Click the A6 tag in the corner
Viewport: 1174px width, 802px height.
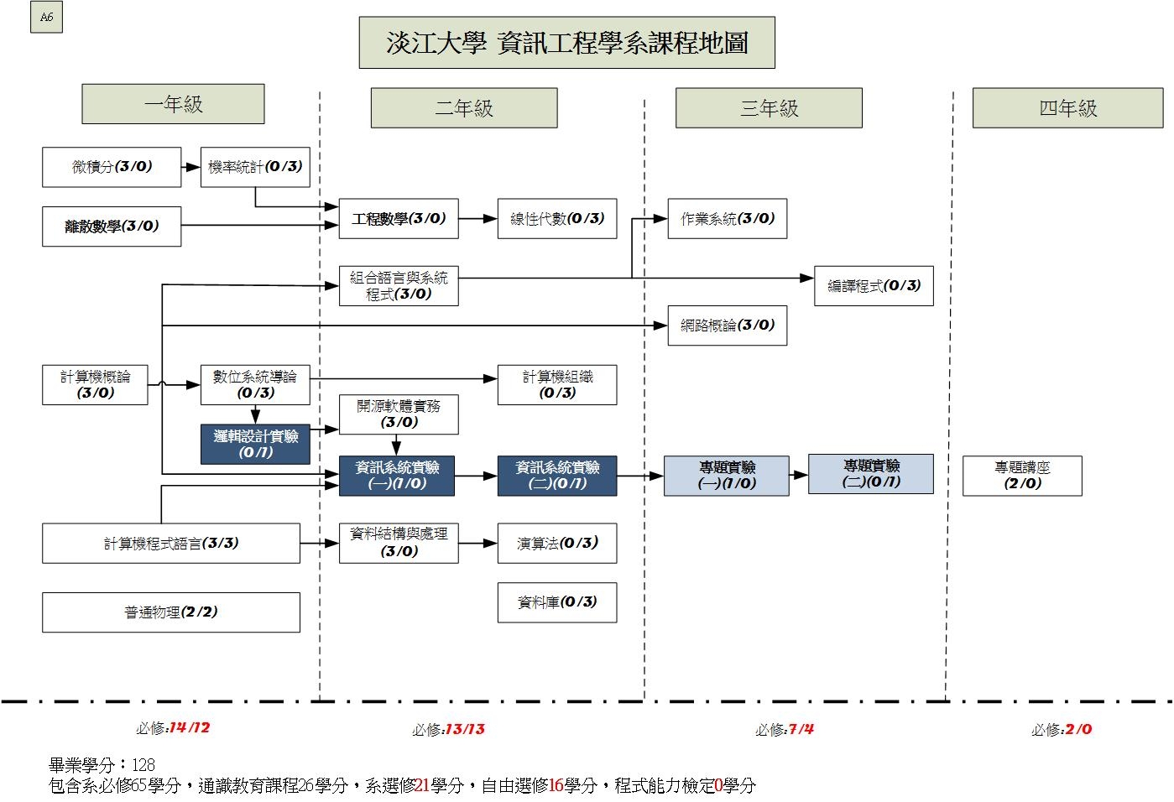tap(46, 18)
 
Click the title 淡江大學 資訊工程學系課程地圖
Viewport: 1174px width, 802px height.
tap(566, 43)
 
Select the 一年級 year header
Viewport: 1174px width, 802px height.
tap(173, 104)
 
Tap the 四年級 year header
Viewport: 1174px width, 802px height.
tap(1067, 108)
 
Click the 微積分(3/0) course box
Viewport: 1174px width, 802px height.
tap(112, 167)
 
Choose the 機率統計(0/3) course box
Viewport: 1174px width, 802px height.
tap(255, 167)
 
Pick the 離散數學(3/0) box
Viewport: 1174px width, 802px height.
tap(112, 227)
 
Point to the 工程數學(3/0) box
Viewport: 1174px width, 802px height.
tap(399, 219)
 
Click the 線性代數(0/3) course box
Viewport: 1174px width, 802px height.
tap(557, 219)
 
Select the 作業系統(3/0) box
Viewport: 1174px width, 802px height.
tap(727, 219)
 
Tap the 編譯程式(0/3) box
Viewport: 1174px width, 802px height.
tap(874, 286)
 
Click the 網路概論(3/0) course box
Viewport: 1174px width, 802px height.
tap(727, 325)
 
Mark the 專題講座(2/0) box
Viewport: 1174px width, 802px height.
tap(1022, 476)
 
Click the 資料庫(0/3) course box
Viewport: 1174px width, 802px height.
tap(557, 602)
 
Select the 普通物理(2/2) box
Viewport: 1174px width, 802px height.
tap(171, 612)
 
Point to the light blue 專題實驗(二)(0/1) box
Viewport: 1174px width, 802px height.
tap(871, 474)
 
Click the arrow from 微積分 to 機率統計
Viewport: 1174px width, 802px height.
tap(190, 168)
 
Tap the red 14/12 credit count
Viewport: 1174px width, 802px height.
tap(190, 728)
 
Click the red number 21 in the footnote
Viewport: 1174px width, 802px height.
tap(422, 786)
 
